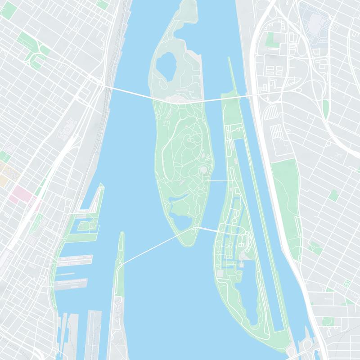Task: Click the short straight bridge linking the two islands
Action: tap(221, 180)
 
